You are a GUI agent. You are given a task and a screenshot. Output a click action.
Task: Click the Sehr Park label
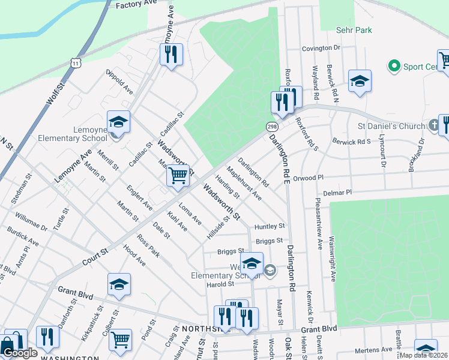[354, 30]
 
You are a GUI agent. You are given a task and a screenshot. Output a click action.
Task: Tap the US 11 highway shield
[74, 63]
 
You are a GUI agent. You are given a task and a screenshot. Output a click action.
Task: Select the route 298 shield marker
[272, 127]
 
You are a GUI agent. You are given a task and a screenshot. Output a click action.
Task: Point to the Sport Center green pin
[394, 65]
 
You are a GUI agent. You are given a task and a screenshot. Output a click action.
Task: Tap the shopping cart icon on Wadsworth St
[178, 176]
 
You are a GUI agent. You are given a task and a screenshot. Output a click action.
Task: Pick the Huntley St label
[269, 227]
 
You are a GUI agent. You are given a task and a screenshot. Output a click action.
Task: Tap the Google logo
[20, 353]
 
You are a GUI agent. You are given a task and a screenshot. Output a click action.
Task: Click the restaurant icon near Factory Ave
[171, 55]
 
